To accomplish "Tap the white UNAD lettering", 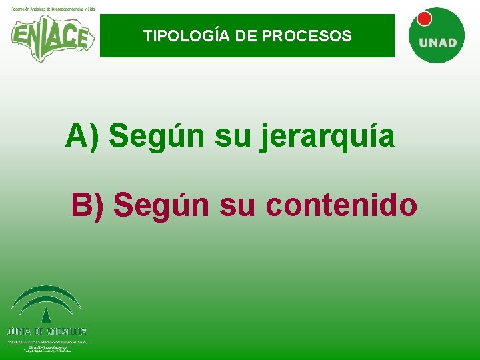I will point(437,43).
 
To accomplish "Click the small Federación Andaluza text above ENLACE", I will point(53,7).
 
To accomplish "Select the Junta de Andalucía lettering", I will point(47,331).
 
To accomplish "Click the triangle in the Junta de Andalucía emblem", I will point(46,315).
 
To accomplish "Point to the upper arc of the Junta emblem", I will point(46,292).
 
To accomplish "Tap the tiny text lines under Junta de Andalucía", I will point(47,346).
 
